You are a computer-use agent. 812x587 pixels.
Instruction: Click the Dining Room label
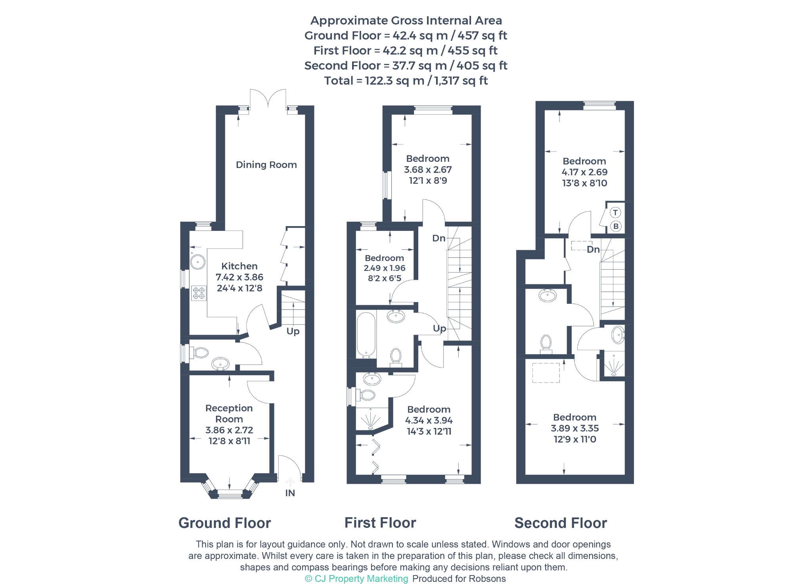click(x=266, y=165)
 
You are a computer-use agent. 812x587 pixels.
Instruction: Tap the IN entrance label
click(x=290, y=493)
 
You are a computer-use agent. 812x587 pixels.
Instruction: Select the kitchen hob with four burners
click(x=199, y=293)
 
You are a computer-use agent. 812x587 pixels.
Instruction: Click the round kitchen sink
click(x=197, y=262)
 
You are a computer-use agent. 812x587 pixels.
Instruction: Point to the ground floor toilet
click(x=199, y=352)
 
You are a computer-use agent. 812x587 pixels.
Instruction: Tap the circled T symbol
click(x=615, y=213)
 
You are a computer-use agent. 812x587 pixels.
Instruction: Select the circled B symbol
click(x=615, y=226)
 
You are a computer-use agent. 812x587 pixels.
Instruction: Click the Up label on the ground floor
click(x=293, y=331)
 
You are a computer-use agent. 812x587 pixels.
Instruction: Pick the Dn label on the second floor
click(x=593, y=249)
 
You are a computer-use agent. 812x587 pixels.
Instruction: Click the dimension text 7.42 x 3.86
click(x=239, y=277)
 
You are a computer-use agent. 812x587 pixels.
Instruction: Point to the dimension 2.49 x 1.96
click(x=385, y=268)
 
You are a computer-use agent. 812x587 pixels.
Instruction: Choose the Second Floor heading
click(x=561, y=523)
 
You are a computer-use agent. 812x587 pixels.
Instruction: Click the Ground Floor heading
click(x=225, y=523)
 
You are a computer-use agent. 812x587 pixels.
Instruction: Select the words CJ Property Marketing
click(x=361, y=579)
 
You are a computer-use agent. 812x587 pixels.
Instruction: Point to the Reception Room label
click(x=229, y=414)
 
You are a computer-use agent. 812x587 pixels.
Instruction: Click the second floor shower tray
click(x=614, y=364)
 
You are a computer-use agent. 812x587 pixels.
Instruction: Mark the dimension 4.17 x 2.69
click(x=584, y=172)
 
